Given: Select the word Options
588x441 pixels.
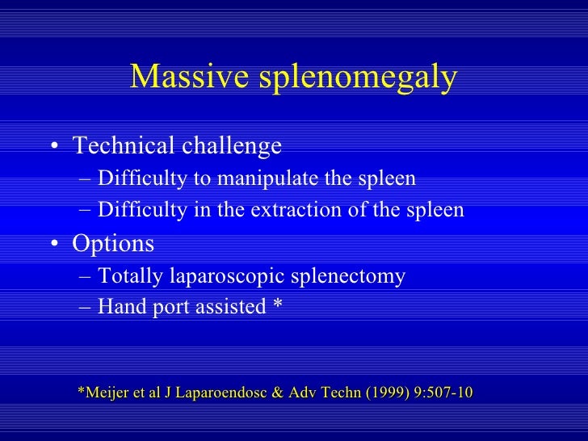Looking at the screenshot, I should click(x=113, y=243).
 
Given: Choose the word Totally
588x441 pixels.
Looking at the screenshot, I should click(x=131, y=276).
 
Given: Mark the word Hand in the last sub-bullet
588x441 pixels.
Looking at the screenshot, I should click(x=120, y=308).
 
